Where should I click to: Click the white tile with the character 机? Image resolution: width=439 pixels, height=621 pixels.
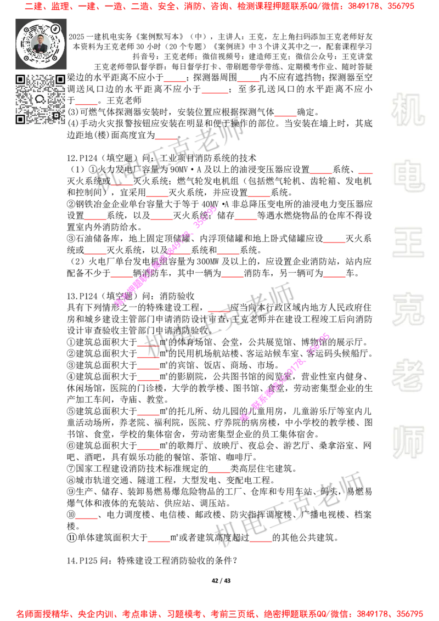coord(408,110)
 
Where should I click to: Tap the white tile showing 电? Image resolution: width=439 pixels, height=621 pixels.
coord(410,176)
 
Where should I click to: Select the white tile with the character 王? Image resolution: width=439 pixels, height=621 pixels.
coord(408,243)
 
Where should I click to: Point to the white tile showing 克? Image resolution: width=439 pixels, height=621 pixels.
coord(408,309)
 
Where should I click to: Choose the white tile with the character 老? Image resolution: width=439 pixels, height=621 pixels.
coord(408,375)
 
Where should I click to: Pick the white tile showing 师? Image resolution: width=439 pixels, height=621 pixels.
coord(408,443)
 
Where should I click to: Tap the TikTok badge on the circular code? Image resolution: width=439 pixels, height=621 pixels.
coord(55,28)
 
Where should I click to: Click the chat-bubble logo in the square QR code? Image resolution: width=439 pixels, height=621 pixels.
coord(40,99)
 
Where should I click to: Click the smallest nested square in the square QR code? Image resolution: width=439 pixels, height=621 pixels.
coord(56,115)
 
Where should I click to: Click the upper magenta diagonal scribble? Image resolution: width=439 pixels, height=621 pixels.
coord(166,255)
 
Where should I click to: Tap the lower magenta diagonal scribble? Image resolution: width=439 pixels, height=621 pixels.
coord(284,376)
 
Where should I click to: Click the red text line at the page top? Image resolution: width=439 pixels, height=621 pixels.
coord(219,7)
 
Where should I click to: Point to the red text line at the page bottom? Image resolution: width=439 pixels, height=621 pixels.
coord(219,614)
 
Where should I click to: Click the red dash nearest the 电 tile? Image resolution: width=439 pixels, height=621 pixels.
coord(364,173)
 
